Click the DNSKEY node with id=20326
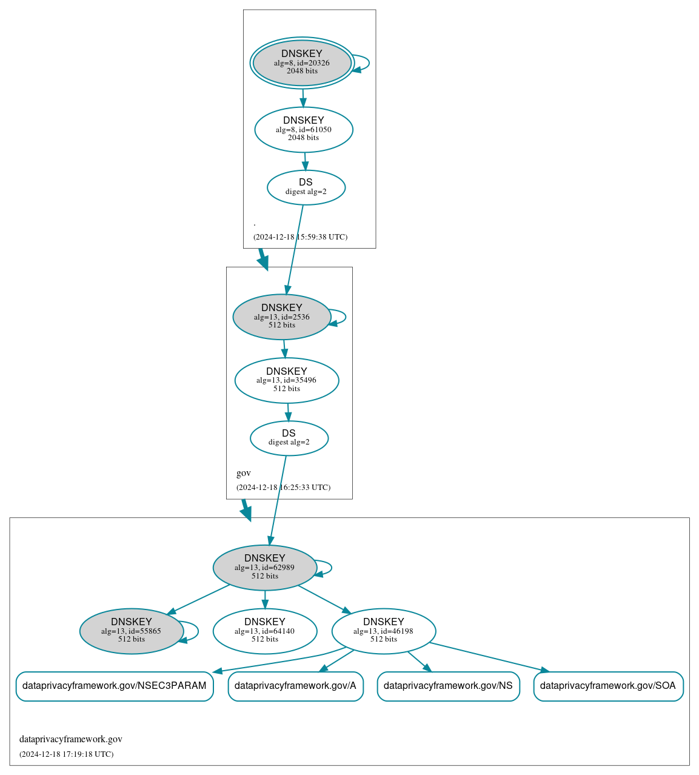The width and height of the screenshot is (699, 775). pyautogui.click(x=302, y=63)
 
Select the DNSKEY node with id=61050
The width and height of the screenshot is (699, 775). pyautogui.click(x=304, y=129)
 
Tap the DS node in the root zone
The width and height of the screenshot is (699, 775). pyautogui.click(x=306, y=187)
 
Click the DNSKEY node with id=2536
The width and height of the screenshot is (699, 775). pyautogui.click(x=282, y=317)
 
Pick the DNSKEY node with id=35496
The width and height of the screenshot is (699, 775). pyautogui.click(x=287, y=380)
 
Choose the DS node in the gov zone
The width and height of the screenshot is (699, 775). pyautogui.click(x=289, y=438)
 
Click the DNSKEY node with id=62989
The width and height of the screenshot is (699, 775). pyautogui.click(x=265, y=567)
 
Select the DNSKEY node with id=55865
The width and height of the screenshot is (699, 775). pyautogui.click(x=132, y=631)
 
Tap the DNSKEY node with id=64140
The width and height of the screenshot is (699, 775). pyautogui.click(x=265, y=631)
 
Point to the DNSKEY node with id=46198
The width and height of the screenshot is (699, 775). pyautogui.click(x=384, y=631)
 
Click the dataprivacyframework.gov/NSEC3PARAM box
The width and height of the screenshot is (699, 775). pyautogui.click(x=115, y=686)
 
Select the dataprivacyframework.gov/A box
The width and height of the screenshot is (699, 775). pyautogui.click(x=295, y=686)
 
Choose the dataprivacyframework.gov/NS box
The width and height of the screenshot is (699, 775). pyautogui.click(x=448, y=686)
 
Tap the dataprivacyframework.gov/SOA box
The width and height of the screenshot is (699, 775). pyautogui.click(x=608, y=686)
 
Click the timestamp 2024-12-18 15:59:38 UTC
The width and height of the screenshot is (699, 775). pyautogui.click(x=301, y=237)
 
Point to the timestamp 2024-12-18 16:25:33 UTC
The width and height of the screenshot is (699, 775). pyautogui.click(x=284, y=488)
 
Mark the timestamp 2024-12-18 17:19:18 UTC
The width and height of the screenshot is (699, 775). pyautogui.click(x=67, y=754)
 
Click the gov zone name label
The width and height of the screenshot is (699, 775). pyautogui.click(x=244, y=473)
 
